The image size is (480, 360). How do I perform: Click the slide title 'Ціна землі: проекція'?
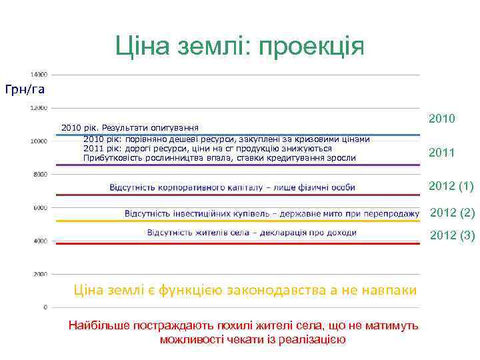coord(240,46)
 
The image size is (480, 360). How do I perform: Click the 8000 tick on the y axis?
coord(40,174)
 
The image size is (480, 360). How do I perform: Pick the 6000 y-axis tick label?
coord(40,207)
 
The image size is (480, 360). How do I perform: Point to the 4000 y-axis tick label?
coord(40,241)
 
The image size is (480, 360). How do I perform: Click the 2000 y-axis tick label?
coord(40,274)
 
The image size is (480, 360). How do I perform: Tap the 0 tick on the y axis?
coord(45,307)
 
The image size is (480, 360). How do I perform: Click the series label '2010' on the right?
coord(442,119)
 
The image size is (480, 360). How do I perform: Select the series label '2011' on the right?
coord(442,153)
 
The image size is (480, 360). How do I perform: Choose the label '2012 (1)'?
coord(451,185)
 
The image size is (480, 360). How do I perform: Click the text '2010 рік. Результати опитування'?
coord(130,127)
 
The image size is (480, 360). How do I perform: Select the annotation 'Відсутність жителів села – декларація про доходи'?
coord(251,233)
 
